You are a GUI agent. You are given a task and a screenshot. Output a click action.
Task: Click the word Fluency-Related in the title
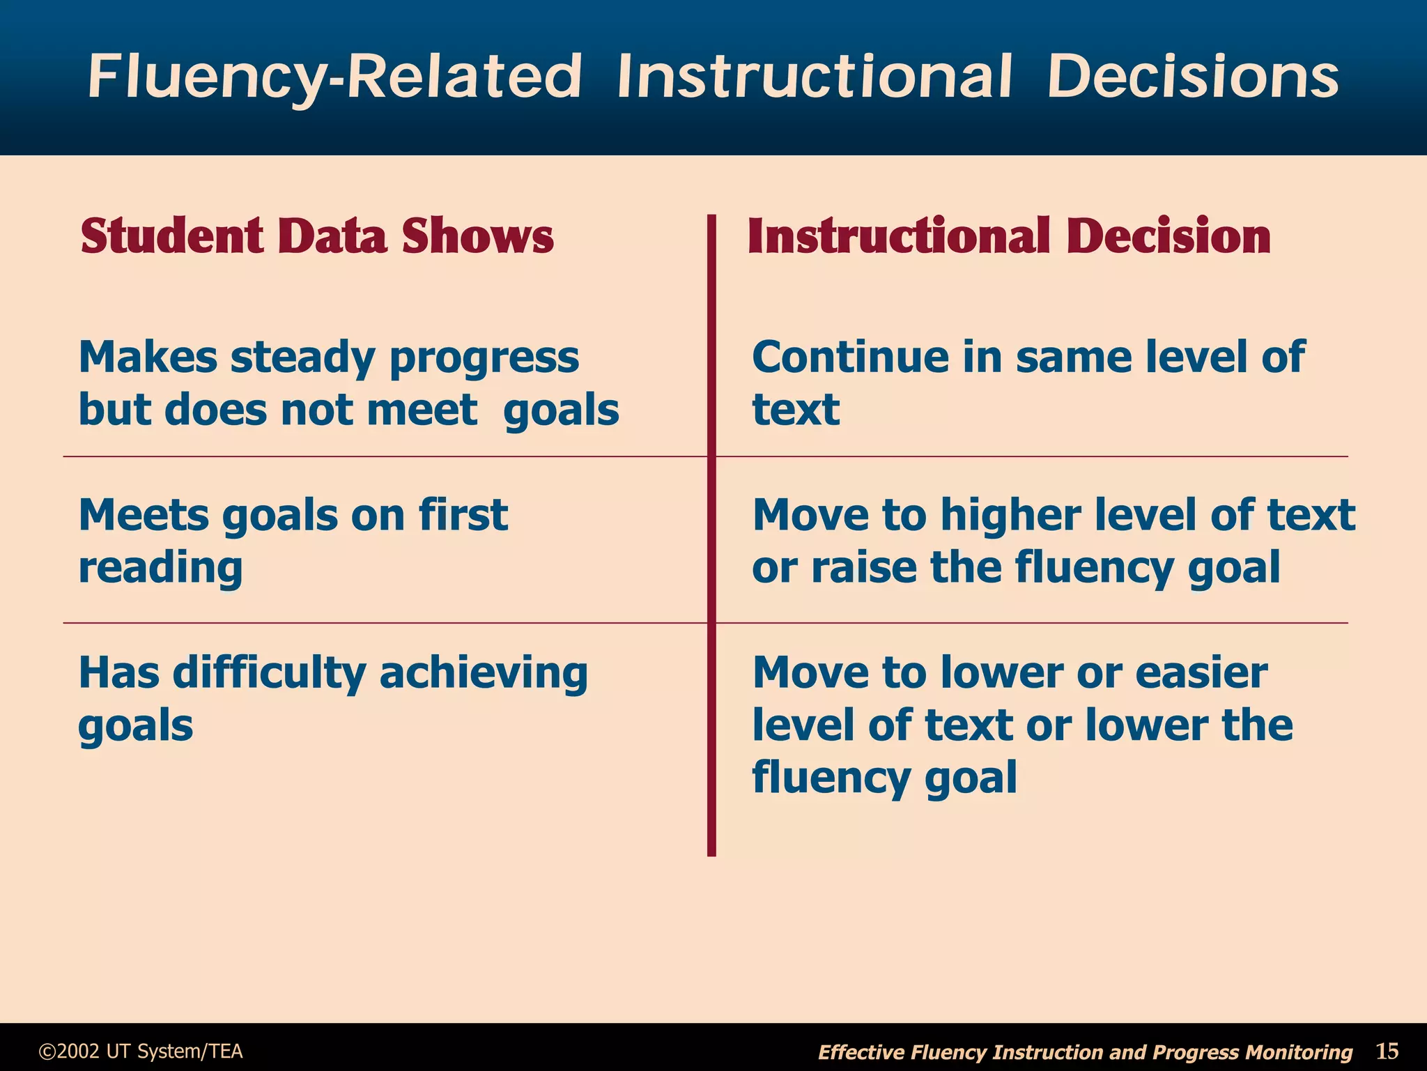[334, 77]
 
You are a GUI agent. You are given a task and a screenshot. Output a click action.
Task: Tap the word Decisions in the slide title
[1192, 77]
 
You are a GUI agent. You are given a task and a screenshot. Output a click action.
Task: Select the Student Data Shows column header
[317, 236]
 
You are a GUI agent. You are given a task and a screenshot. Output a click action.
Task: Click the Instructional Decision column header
[1009, 236]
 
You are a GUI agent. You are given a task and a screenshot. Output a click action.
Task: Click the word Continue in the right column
[851, 357]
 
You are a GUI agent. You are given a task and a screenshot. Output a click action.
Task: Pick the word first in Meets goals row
[463, 516]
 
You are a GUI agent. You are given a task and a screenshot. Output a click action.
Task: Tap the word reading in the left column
[160, 568]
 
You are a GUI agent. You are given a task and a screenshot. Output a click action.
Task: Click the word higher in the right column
[1011, 516]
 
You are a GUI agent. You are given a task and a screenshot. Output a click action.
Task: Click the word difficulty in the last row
[269, 674]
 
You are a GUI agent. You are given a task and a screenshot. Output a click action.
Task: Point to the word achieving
[484, 674]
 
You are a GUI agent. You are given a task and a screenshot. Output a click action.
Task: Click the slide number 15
[1387, 1050]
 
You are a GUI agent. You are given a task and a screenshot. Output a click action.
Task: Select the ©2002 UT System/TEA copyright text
[141, 1051]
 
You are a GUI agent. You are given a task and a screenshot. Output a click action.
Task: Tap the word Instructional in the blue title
[814, 77]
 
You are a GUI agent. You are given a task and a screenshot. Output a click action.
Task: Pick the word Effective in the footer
[861, 1052]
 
